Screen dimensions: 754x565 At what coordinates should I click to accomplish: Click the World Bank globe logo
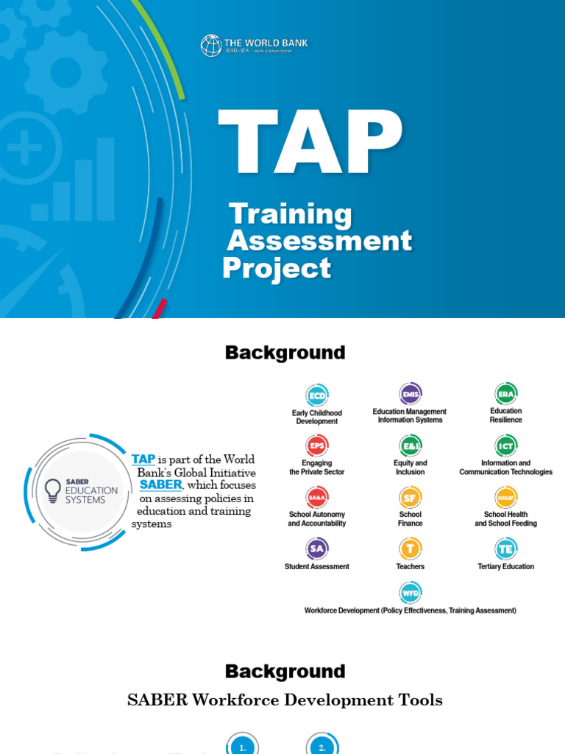211,46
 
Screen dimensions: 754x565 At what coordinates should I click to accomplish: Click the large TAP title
310,143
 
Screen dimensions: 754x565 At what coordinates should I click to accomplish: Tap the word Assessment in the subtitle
320,241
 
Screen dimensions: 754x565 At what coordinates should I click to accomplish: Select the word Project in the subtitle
277,268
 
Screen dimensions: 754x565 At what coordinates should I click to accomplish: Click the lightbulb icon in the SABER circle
53,490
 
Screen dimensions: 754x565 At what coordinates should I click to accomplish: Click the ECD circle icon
317,395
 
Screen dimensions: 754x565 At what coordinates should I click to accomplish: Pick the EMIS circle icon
410,394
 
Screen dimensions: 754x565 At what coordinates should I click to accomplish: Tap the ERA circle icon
506,394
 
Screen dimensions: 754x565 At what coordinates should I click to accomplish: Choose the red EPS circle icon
317,445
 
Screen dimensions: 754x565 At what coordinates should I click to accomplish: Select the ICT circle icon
506,445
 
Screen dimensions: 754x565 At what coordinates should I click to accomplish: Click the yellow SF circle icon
410,498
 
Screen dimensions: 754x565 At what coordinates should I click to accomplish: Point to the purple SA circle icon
317,549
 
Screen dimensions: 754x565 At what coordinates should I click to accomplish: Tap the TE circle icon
506,549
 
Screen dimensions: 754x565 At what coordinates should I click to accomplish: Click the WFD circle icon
410,593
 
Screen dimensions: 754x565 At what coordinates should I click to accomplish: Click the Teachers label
410,567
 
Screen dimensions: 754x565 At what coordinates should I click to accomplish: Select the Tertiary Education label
506,567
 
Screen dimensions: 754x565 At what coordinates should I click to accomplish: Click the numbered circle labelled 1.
243,747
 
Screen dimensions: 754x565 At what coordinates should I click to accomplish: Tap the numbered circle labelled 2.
322,747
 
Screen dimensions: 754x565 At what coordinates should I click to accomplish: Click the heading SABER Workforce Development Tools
285,700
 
